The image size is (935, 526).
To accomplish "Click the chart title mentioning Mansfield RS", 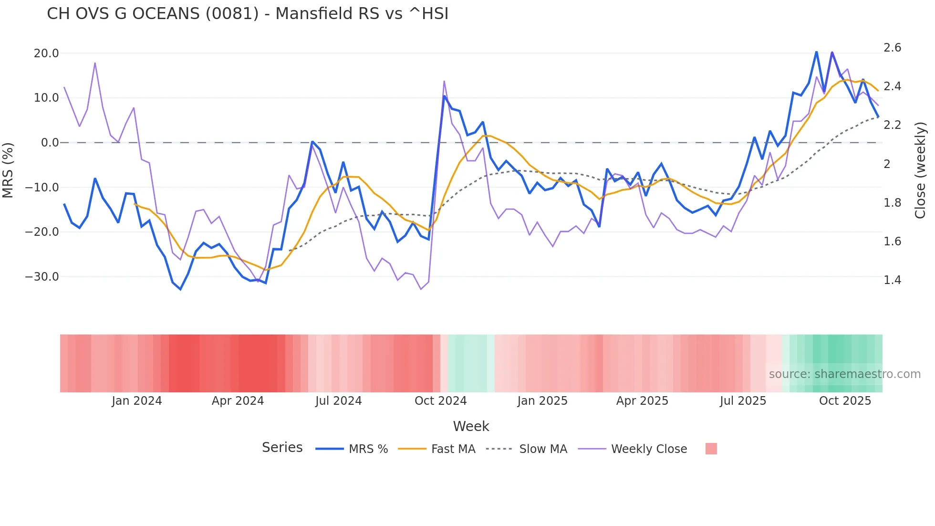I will tap(248, 14).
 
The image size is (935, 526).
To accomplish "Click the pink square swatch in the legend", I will tap(711, 449).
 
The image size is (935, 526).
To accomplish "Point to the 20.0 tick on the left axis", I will tap(46, 53).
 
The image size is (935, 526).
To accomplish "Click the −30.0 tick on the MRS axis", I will tap(42, 277).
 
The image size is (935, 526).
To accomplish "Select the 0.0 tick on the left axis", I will tap(50, 143).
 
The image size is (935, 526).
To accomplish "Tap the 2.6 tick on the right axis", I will tap(892, 48).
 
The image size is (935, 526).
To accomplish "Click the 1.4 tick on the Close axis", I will tap(892, 280).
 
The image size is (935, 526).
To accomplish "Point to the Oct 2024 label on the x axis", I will tap(440, 401).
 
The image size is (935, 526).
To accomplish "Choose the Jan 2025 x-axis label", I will tap(542, 401).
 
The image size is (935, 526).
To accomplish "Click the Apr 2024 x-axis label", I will tap(238, 401).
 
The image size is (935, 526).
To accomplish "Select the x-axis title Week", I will tap(471, 426).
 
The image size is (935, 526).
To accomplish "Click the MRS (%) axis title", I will tap(8, 170).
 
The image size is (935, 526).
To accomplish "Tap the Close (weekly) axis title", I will tap(920, 170).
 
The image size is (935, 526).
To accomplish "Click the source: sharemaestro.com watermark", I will tap(844, 374).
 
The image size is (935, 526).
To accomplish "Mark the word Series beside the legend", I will tap(282, 448).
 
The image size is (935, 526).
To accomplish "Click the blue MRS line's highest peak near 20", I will tap(816, 52).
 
